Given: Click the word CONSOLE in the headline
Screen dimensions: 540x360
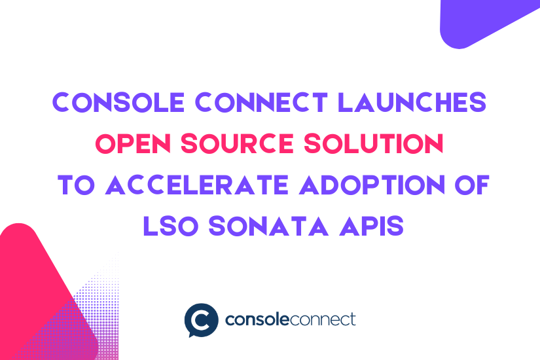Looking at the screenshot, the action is (118, 102).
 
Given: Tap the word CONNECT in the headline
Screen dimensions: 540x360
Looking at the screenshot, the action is (261, 102).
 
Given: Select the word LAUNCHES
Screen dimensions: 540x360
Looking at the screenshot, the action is (412, 102).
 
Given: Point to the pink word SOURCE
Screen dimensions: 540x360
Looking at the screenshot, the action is (238, 143).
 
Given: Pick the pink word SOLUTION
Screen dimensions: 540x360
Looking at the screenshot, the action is (374, 143).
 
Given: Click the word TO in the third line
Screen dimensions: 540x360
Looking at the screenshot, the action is (76, 185).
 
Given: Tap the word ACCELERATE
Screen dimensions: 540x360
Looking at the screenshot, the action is (197, 185).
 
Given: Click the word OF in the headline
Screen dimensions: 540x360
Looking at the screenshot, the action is (472, 185).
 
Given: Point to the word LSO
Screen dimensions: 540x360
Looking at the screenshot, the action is (170, 226).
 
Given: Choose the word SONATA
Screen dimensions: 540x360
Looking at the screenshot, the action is (268, 226).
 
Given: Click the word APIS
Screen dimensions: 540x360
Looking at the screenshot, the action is (371, 226).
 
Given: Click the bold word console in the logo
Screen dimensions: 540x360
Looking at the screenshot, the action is (257, 319).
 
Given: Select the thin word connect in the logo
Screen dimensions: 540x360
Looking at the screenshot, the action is (322, 319).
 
